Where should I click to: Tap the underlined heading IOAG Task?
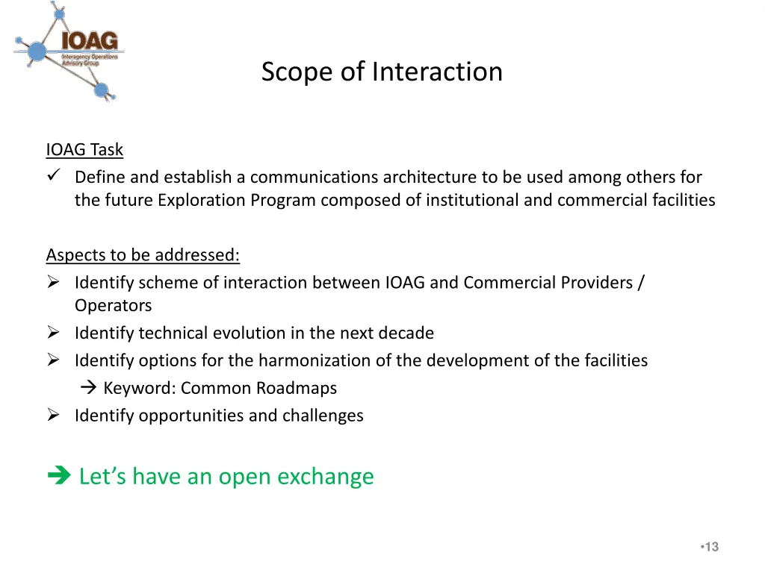click(x=84, y=150)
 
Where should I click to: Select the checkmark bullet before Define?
click(x=53, y=177)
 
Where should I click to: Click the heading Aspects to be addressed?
click(x=143, y=255)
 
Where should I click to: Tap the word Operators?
click(x=113, y=306)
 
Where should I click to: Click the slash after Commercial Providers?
click(x=641, y=283)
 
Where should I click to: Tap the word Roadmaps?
click(x=297, y=389)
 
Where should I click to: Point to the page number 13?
click(x=711, y=548)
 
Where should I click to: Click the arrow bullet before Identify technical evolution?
click(x=53, y=334)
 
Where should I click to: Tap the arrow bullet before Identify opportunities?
click(x=53, y=416)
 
